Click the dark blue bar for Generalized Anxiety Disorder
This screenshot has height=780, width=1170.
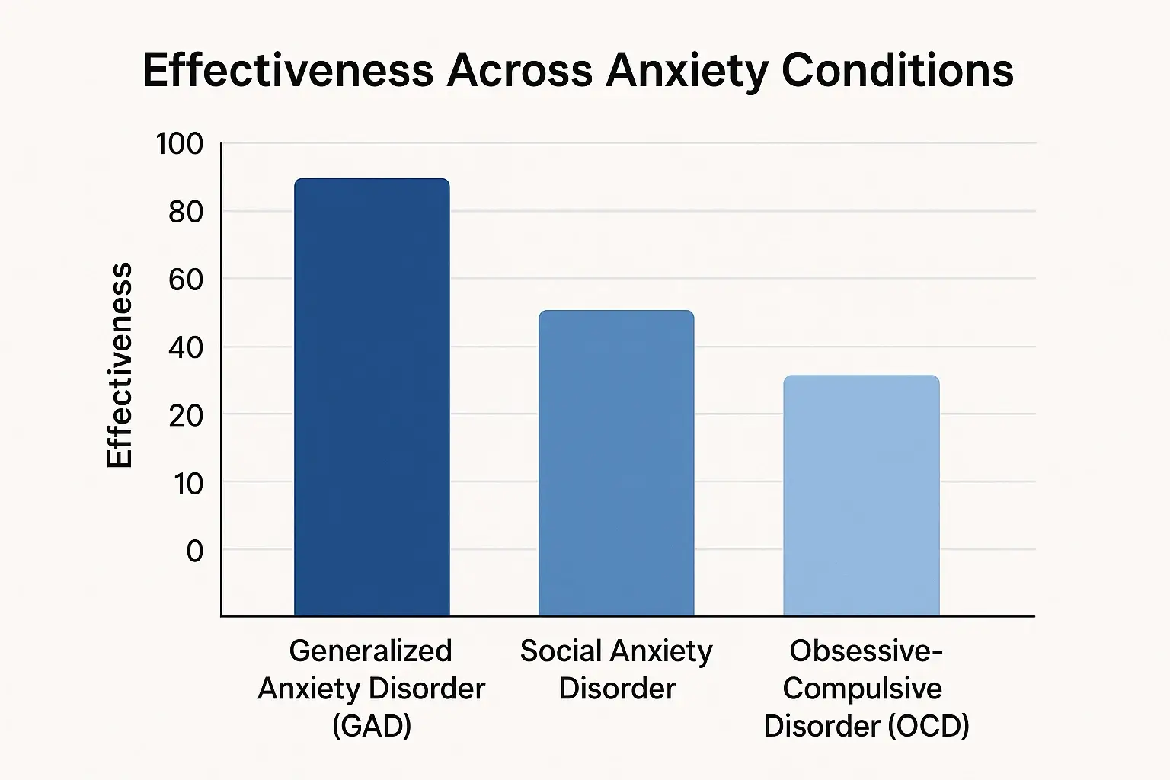[372, 396]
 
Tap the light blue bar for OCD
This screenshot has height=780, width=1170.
[861, 495]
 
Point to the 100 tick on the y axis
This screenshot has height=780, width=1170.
[180, 143]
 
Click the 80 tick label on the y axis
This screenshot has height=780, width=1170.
[185, 211]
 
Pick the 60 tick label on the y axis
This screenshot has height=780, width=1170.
[185, 280]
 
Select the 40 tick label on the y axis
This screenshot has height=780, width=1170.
[185, 347]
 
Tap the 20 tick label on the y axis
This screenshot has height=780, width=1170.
[185, 415]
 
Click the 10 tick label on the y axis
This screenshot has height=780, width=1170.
[187, 483]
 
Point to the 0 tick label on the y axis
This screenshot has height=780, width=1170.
[195, 551]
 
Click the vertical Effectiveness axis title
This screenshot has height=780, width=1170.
[120, 366]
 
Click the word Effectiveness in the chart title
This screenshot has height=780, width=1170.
[288, 71]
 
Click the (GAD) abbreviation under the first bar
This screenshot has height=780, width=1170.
[372, 725]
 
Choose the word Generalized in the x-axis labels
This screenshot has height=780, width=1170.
[370, 651]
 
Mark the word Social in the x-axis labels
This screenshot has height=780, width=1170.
[561, 651]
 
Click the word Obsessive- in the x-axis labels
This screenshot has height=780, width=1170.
[866, 651]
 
